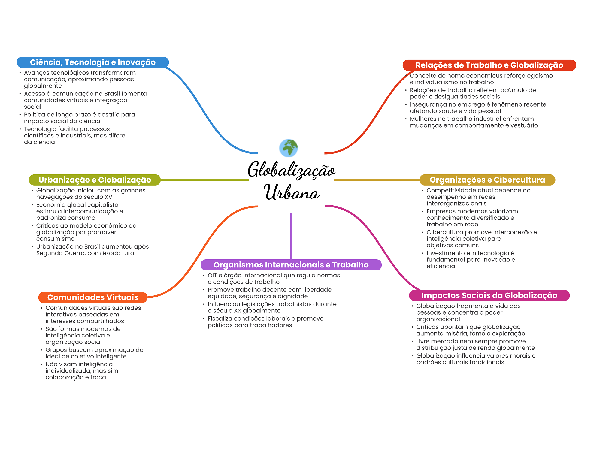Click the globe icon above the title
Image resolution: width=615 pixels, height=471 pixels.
tap(288, 148)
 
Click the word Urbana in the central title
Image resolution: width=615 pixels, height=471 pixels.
tap(292, 192)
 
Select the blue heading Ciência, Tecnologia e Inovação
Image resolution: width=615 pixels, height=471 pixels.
tap(93, 62)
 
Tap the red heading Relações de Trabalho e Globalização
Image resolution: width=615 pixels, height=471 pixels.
tap(489, 65)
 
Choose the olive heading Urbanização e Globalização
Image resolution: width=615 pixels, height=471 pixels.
tap(95, 180)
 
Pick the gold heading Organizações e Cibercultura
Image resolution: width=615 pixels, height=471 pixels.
tap(487, 180)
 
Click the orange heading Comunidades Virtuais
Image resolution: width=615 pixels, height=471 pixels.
tap(92, 297)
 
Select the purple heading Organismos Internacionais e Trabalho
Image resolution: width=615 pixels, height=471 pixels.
tap(291, 265)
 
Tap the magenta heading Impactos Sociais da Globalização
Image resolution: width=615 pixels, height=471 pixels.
tap(489, 295)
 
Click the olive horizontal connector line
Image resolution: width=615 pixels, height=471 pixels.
tap(204, 180)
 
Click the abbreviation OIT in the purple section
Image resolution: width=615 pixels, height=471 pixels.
tap(212, 275)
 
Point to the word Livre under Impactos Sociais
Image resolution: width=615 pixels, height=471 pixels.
tap(423, 341)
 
